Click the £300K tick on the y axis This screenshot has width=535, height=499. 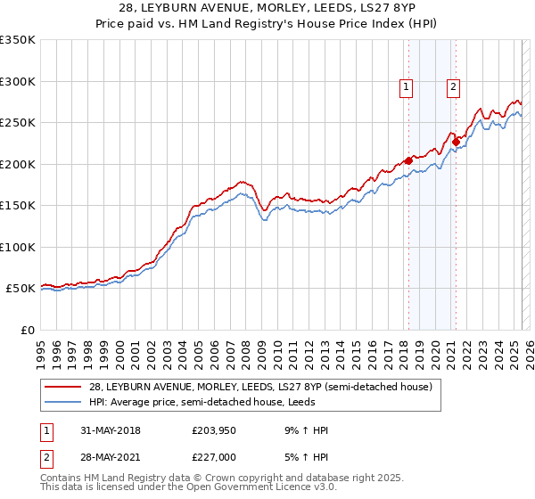[18, 81]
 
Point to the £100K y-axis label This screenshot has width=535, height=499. [18, 247]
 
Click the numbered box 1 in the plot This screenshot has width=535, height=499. [406, 86]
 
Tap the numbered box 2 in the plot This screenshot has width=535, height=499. [453, 86]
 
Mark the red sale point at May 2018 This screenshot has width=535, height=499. [408, 160]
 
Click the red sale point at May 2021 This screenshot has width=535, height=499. [456, 141]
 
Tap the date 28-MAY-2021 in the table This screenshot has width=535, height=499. [106, 456]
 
